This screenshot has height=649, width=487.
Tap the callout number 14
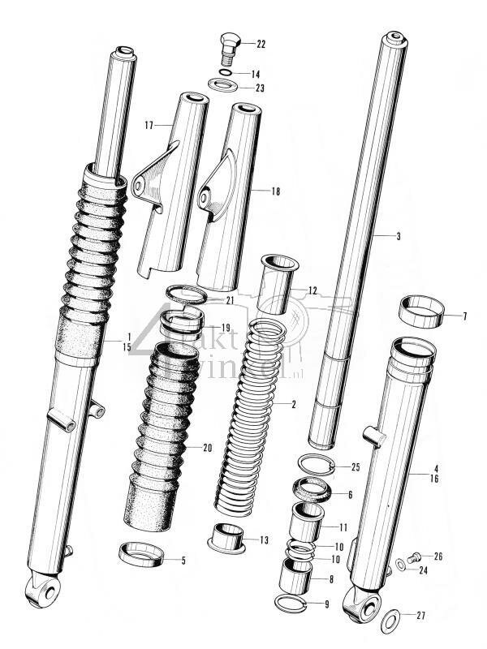click(x=256, y=73)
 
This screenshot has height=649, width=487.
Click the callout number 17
click(x=149, y=125)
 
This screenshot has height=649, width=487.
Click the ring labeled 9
click(x=291, y=602)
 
